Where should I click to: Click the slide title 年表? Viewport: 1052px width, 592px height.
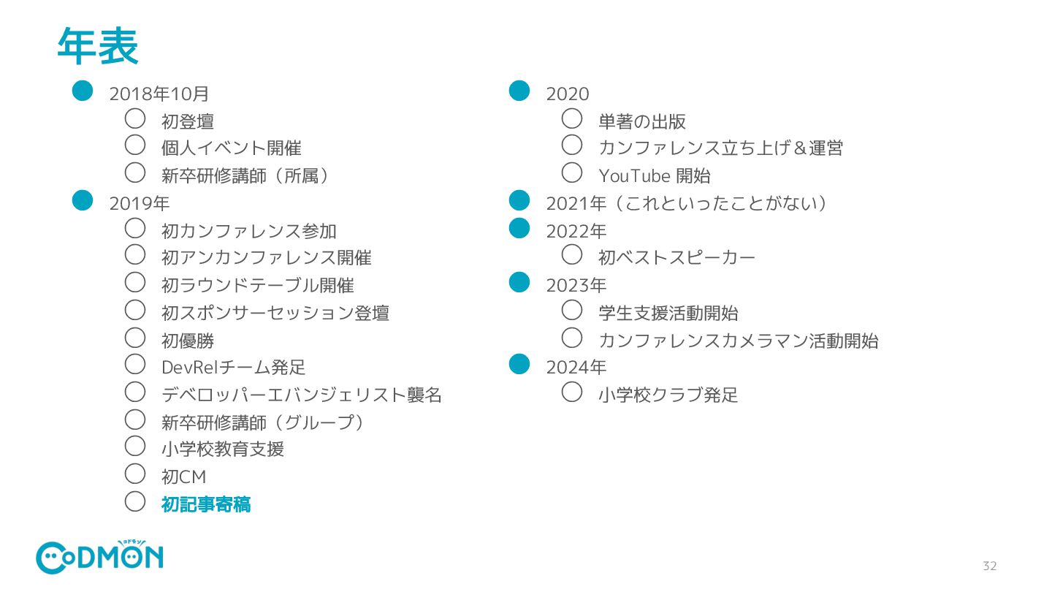click(98, 47)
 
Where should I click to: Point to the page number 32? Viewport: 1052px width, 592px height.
click(989, 566)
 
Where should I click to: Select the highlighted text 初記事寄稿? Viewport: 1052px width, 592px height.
click(206, 504)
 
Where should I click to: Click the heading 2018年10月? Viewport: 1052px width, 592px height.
click(159, 94)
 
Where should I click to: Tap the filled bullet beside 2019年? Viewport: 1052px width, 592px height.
click(83, 200)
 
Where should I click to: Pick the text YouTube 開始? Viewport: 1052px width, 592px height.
click(654, 176)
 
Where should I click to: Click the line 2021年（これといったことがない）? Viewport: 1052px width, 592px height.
click(687, 203)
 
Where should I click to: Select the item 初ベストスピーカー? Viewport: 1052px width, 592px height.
click(676, 258)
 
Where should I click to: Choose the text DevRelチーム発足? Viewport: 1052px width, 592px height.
click(233, 368)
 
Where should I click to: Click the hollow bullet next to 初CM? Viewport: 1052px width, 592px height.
click(135, 474)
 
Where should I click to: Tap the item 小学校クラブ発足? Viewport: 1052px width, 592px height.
click(668, 395)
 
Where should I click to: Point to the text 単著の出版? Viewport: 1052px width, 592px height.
click(641, 121)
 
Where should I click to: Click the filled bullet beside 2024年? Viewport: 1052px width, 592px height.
click(519, 363)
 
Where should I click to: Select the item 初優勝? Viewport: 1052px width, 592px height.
click(188, 341)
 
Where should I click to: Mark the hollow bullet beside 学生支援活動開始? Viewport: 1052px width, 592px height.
click(572, 310)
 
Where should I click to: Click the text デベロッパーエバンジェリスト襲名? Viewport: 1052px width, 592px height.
click(301, 395)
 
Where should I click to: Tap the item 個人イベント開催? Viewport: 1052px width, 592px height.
click(231, 148)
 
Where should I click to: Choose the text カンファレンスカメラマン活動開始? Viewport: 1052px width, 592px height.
click(738, 341)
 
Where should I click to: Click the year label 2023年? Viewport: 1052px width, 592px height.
click(576, 286)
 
